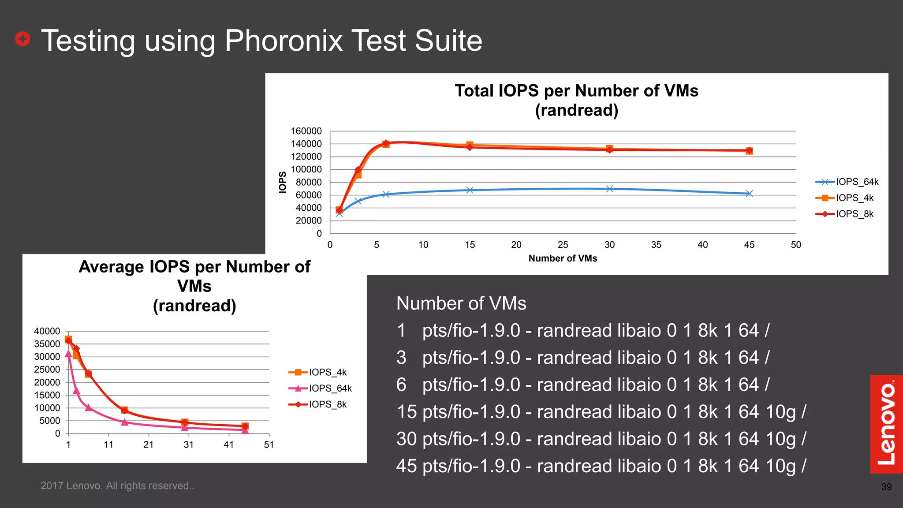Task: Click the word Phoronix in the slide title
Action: coord(284,41)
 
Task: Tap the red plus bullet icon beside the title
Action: coord(22,39)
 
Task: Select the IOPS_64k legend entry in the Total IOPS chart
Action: coord(857,182)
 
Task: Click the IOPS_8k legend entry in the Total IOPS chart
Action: coord(854,214)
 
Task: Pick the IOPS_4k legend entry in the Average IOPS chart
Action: coord(327,372)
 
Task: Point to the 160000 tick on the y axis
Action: coord(306,131)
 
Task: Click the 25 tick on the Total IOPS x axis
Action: coord(563,245)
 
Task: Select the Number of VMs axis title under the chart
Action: coord(563,258)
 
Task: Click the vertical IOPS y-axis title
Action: coord(282,182)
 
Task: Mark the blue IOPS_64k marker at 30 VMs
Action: coord(609,189)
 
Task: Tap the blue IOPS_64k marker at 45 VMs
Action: coord(749,194)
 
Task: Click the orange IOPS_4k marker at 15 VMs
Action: coord(470,145)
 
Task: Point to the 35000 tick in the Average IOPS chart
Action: coord(47,344)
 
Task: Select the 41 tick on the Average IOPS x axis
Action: coord(228,444)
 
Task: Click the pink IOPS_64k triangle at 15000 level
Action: coord(76,391)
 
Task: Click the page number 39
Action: coord(886,487)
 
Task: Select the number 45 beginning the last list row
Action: coord(406,466)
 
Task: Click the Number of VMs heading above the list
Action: coord(461,303)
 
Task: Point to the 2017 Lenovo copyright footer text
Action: coord(117,486)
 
